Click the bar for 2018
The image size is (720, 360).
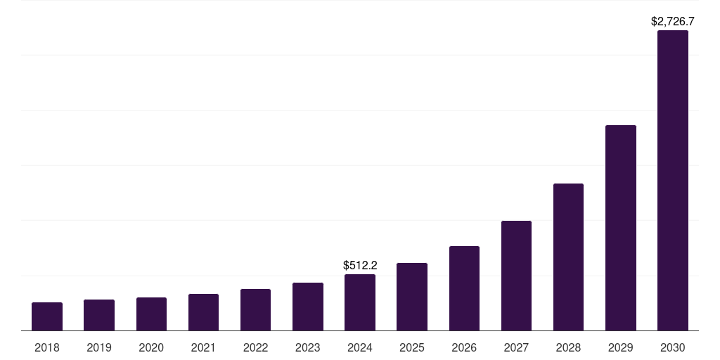click(47, 316)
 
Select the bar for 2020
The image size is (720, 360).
click(151, 314)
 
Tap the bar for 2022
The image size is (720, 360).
click(255, 309)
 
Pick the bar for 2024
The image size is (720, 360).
click(360, 302)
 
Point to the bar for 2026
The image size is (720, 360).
click(464, 288)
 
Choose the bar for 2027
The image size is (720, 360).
click(516, 276)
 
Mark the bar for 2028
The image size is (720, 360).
click(568, 257)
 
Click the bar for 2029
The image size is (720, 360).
click(621, 228)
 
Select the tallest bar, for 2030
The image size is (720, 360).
click(673, 180)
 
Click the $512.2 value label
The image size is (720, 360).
click(360, 266)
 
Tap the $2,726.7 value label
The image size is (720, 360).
click(673, 22)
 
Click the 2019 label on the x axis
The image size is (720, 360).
click(99, 347)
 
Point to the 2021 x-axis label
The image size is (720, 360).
click(203, 347)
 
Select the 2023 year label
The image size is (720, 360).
click(308, 347)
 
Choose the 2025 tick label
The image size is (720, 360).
click(412, 347)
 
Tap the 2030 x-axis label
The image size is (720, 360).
click(673, 347)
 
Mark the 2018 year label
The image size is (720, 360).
click(47, 347)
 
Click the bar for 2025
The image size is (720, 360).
click(412, 297)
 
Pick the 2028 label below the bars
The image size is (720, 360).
click(568, 347)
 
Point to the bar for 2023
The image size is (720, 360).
click(308, 307)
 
